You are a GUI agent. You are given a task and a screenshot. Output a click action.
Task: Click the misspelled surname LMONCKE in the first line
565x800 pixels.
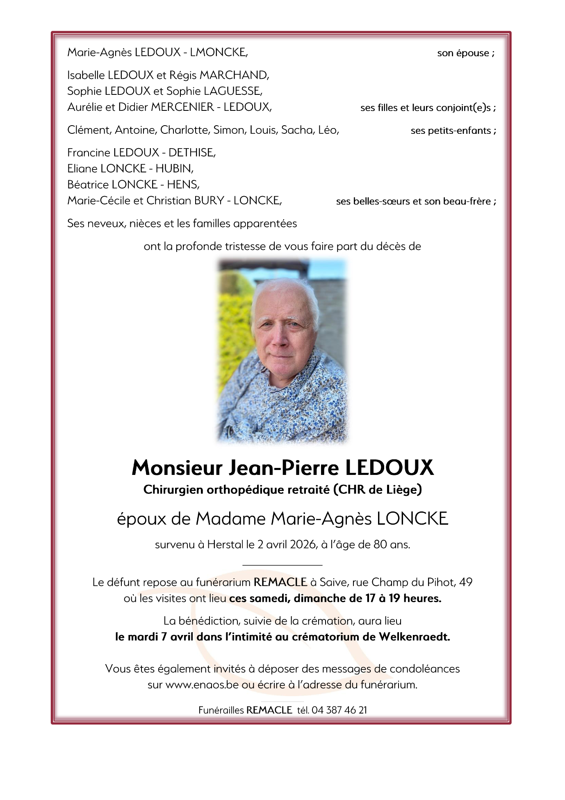point(218,53)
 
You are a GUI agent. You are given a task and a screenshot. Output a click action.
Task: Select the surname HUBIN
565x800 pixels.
point(174,169)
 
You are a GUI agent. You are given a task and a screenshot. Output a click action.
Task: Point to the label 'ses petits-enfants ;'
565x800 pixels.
point(453,131)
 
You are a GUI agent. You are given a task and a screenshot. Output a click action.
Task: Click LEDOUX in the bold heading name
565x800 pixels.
point(390,468)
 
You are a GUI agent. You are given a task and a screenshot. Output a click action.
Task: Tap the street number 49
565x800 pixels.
point(466,582)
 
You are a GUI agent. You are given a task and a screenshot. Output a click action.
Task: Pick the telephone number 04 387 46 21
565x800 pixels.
point(339,710)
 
